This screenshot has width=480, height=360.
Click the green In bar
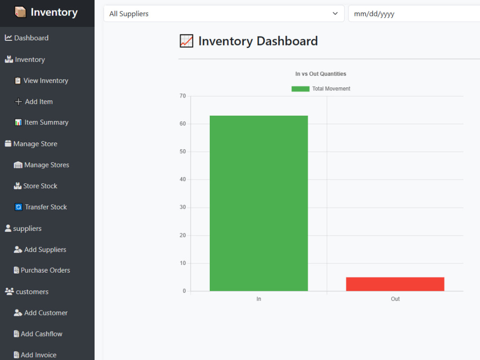pos(259,203)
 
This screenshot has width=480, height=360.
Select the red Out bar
pos(395,284)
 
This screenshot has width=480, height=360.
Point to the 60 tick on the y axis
pos(183,124)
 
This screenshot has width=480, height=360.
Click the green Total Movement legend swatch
pos(300,89)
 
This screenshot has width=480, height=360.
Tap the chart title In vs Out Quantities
pos(321,74)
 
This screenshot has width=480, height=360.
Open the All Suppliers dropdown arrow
pos(335,13)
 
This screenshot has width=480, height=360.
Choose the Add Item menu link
pos(34,102)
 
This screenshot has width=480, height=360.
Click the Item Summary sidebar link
pos(42,122)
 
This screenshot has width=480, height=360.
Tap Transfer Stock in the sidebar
pos(41,207)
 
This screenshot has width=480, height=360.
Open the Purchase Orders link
pos(42,270)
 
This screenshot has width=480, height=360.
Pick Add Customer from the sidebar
pos(41,313)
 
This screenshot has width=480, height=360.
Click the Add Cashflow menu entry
pos(38,334)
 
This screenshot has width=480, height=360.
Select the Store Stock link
pos(36,186)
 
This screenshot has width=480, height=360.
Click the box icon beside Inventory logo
pos(20,12)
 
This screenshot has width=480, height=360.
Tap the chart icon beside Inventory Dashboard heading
pos(186,41)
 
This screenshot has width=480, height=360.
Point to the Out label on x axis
pos(395,299)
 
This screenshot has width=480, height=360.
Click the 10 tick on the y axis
pos(183,263)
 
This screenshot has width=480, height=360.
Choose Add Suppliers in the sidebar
pos(40,250)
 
